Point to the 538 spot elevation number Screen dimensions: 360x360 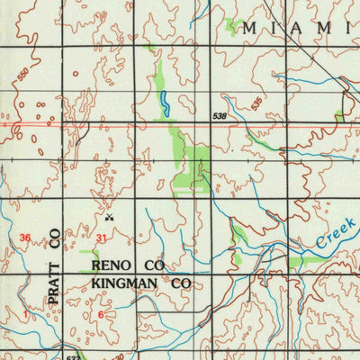220,116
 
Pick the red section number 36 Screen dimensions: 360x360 25,238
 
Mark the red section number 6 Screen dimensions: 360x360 102,314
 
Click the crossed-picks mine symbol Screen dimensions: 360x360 110,216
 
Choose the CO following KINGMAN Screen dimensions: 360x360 182,283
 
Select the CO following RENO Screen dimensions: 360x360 152,266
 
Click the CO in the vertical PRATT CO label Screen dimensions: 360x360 55,238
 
